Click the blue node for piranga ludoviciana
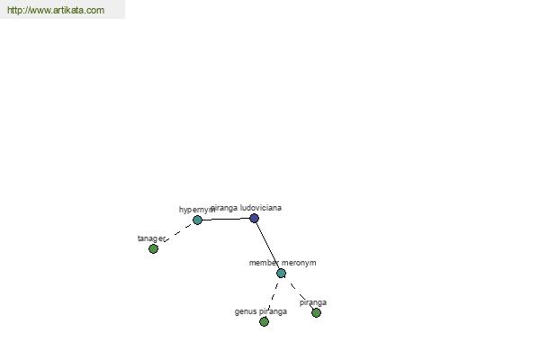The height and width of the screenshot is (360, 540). point(254,218)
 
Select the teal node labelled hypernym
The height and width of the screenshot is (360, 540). point(197,220)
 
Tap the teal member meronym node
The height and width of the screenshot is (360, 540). point(281,274)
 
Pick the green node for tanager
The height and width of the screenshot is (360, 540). point(153,248)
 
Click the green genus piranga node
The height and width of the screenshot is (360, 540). point(264,322)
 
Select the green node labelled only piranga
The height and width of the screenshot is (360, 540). point(316,313)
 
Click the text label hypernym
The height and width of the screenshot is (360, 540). point(197,210)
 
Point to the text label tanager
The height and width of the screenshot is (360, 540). point(151,238)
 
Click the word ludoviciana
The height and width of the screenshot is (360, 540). point(261,208)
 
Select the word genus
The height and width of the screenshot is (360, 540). point(246,311)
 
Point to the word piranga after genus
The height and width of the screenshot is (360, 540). point(273,311)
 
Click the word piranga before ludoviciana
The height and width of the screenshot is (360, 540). point(224,208)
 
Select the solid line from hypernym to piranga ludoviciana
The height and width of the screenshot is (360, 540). point(226,219)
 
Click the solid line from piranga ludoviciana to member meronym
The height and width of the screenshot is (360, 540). point(267,245)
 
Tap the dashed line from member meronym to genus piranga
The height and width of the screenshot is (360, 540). point(273,296)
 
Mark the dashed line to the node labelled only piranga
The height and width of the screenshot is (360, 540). point(301,295)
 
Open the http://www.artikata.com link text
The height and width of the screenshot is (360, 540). point(56,10)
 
